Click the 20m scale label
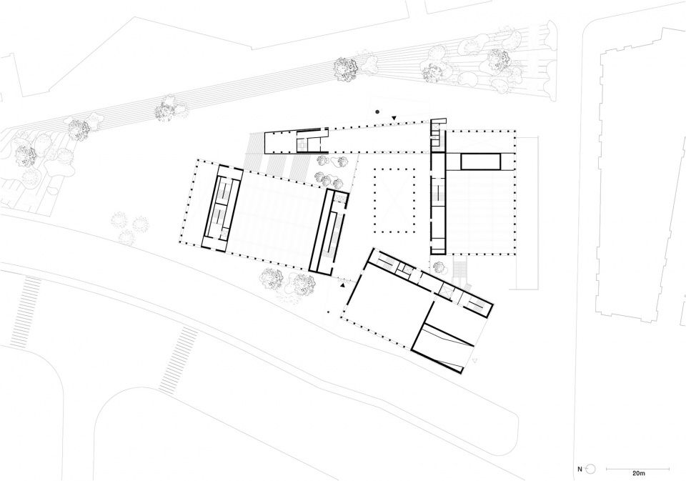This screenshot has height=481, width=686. point(638,473)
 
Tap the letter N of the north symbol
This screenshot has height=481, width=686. point(580,469)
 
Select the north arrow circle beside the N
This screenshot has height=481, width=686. point(591,469)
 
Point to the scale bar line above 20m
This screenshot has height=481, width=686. point(638,468)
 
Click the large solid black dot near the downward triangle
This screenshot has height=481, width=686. point(377,112)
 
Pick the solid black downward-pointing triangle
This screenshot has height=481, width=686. point(394,118)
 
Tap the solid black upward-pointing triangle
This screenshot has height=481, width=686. point(343,285)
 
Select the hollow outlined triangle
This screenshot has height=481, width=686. point(476,361)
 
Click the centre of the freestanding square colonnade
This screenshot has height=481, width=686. point(394,200)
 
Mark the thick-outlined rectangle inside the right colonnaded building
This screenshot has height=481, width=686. point(480,161)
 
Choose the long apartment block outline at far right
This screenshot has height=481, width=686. point(640,175)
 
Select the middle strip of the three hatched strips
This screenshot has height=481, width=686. point(276,166)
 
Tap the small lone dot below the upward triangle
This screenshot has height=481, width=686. point(329,312)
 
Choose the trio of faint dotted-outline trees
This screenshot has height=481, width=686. point(130,227)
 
